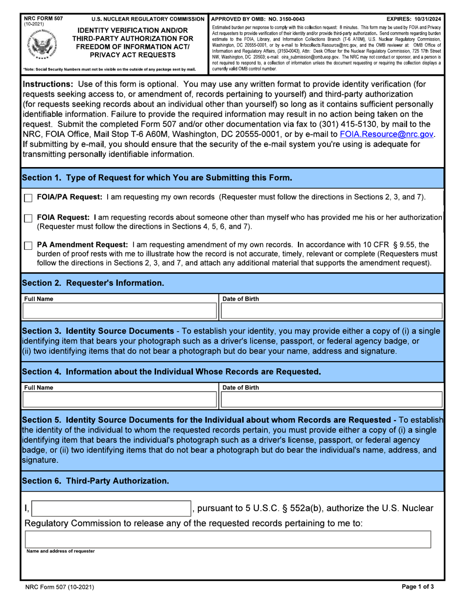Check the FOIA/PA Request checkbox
pos(28,198)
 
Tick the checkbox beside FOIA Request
pos(28,218)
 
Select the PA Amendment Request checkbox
pos(28,245)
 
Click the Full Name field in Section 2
pos(119,311)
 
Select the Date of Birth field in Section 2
pos(332,311)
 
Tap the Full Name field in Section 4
pos(119,399)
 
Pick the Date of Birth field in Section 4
pos(332,399)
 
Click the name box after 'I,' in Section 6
pos(111,509)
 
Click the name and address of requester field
pos(228,539)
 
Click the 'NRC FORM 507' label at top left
pos(43,19)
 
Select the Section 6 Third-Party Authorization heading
pos(95,481)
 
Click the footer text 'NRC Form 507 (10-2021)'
pos(60,587)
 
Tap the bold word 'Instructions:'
pos(47,84)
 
